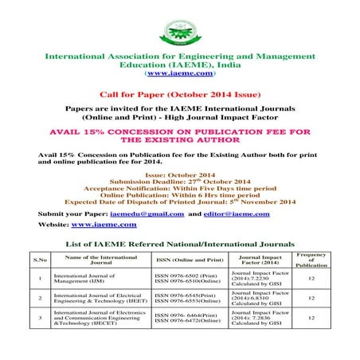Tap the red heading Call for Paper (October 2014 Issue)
(x=179, y=92)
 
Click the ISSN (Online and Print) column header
(x=186, y=260)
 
